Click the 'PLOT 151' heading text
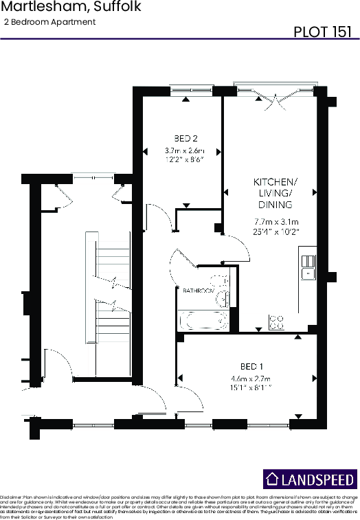coord(322,32)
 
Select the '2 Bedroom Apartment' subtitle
coord(49,22)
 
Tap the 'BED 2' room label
coord(181,136)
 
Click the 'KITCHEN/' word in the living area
coord(275,182)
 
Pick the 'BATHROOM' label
coord(199,291)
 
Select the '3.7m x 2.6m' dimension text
coord(184,150)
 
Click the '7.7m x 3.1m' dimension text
coord(275,222)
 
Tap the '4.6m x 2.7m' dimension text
coord(251,378)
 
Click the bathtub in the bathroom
coord(203,319)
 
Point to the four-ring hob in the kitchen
coord(277,321)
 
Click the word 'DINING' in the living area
coord(275,205)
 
